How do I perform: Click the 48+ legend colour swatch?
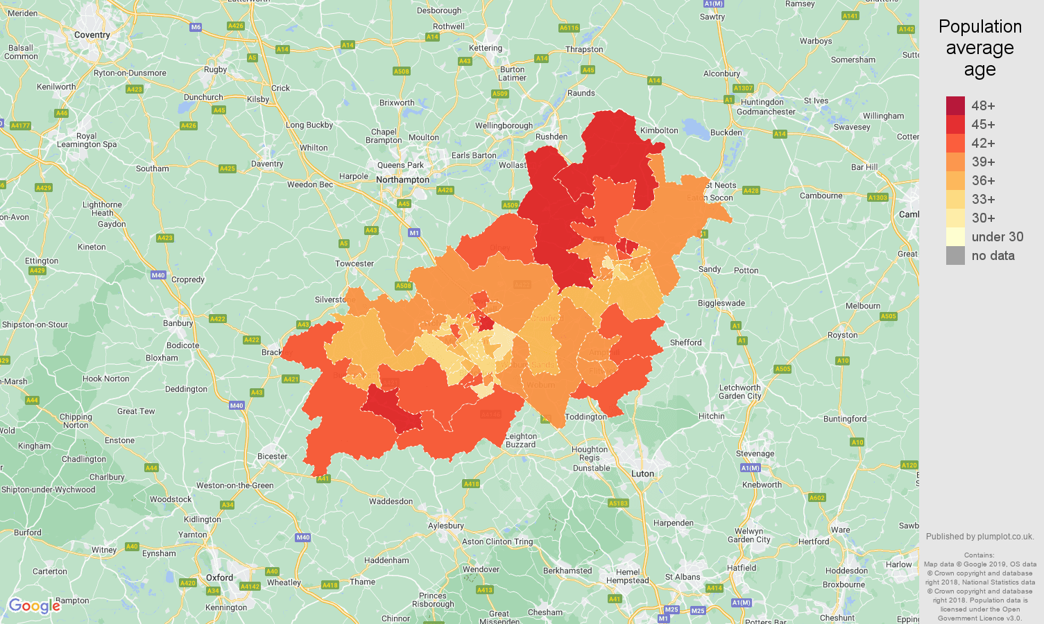(x=955, y=106)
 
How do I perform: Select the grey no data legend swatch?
(x=955, y=256)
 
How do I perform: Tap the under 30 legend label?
(x=997, y=237)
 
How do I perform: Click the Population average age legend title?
(x=979, y=48)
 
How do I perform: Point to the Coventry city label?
(x=92, y=35)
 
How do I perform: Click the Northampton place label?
(x=402, y=180)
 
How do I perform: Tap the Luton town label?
(x=642, y=474)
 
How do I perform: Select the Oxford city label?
(x=219, y=578)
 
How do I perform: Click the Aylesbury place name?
(x=445, y=526)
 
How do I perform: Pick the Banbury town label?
(x=178, y=323)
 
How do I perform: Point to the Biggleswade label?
(x=721, y=303)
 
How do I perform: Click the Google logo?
(x=35, y=606)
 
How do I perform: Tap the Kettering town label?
(x=486, y=48)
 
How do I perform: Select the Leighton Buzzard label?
(x=520, y=440)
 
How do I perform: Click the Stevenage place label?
(x=755, y=453)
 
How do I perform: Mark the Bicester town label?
(x=272, y=456)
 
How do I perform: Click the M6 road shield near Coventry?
(x=196, y=28)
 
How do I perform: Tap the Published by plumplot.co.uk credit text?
(x=979, y=537)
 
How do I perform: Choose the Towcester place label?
(x=354, y=263)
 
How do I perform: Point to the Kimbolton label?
(x=659, y=130)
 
